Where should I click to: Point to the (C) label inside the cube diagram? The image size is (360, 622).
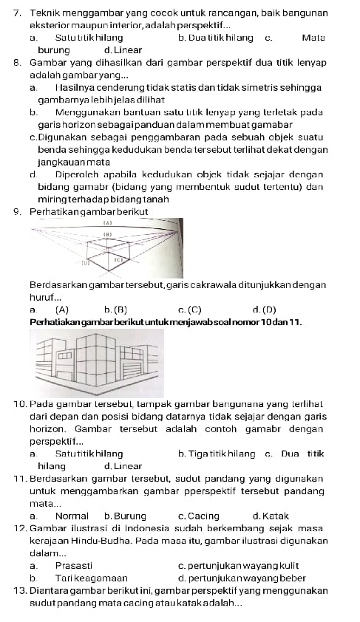click(118, 260)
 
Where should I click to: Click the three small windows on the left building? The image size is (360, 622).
click(66, 355)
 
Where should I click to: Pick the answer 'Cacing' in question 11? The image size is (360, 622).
click(200, 516)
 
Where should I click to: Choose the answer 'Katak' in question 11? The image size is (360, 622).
click(271, 516)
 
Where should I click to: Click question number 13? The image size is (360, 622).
click(18, 591)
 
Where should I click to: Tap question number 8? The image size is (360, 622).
click(17, 63)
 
